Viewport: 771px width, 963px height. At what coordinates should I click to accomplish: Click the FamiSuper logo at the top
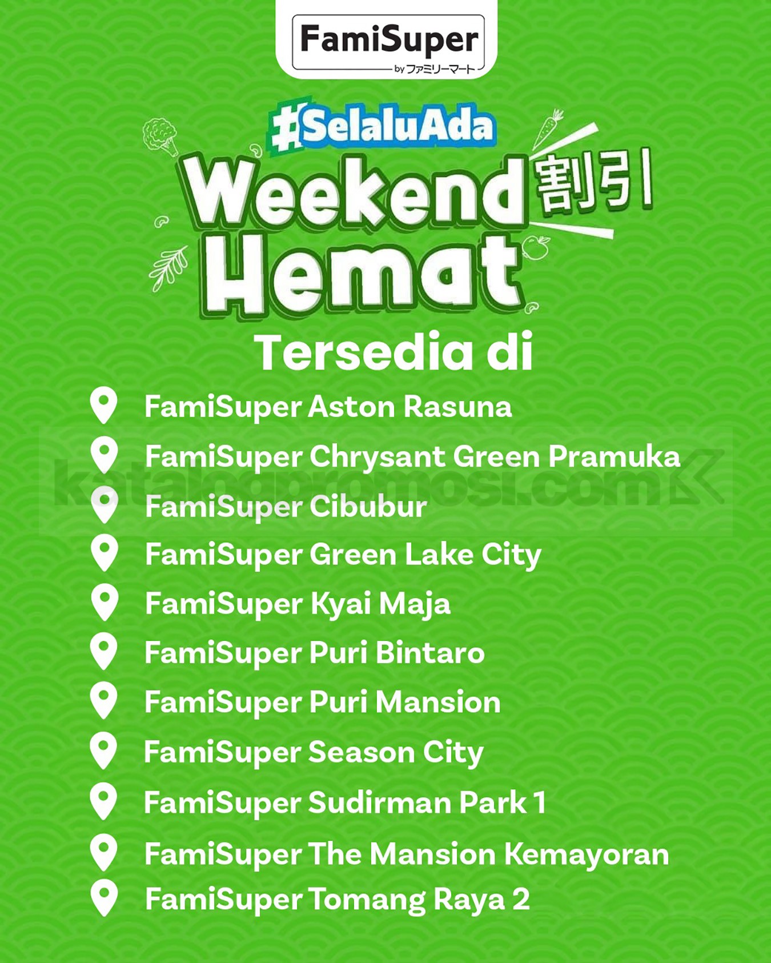(388, 45)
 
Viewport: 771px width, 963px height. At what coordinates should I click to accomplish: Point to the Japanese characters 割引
(594, 182)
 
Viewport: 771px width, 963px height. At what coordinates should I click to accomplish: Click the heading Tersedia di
(393, 352)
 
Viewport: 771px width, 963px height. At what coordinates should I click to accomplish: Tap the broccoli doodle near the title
(160, 136)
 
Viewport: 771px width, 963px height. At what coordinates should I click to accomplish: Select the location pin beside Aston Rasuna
(104, 406)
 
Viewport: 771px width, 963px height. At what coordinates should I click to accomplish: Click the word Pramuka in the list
(615, 456)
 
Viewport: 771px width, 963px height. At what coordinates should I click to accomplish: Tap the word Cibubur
(368, 507)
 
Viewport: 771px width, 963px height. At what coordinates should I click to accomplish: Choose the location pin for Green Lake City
(105, 553)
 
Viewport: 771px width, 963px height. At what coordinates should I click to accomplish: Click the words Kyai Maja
(380, 604)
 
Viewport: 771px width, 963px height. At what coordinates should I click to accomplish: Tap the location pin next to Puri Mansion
(104, 701)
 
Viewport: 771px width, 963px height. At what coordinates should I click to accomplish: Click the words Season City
(396, 752)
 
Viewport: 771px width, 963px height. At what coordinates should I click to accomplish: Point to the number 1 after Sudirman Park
(540, 802)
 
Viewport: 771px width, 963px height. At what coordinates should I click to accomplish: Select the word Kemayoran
(587, 854)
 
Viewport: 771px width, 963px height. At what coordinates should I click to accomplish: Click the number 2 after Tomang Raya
(521, 900)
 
